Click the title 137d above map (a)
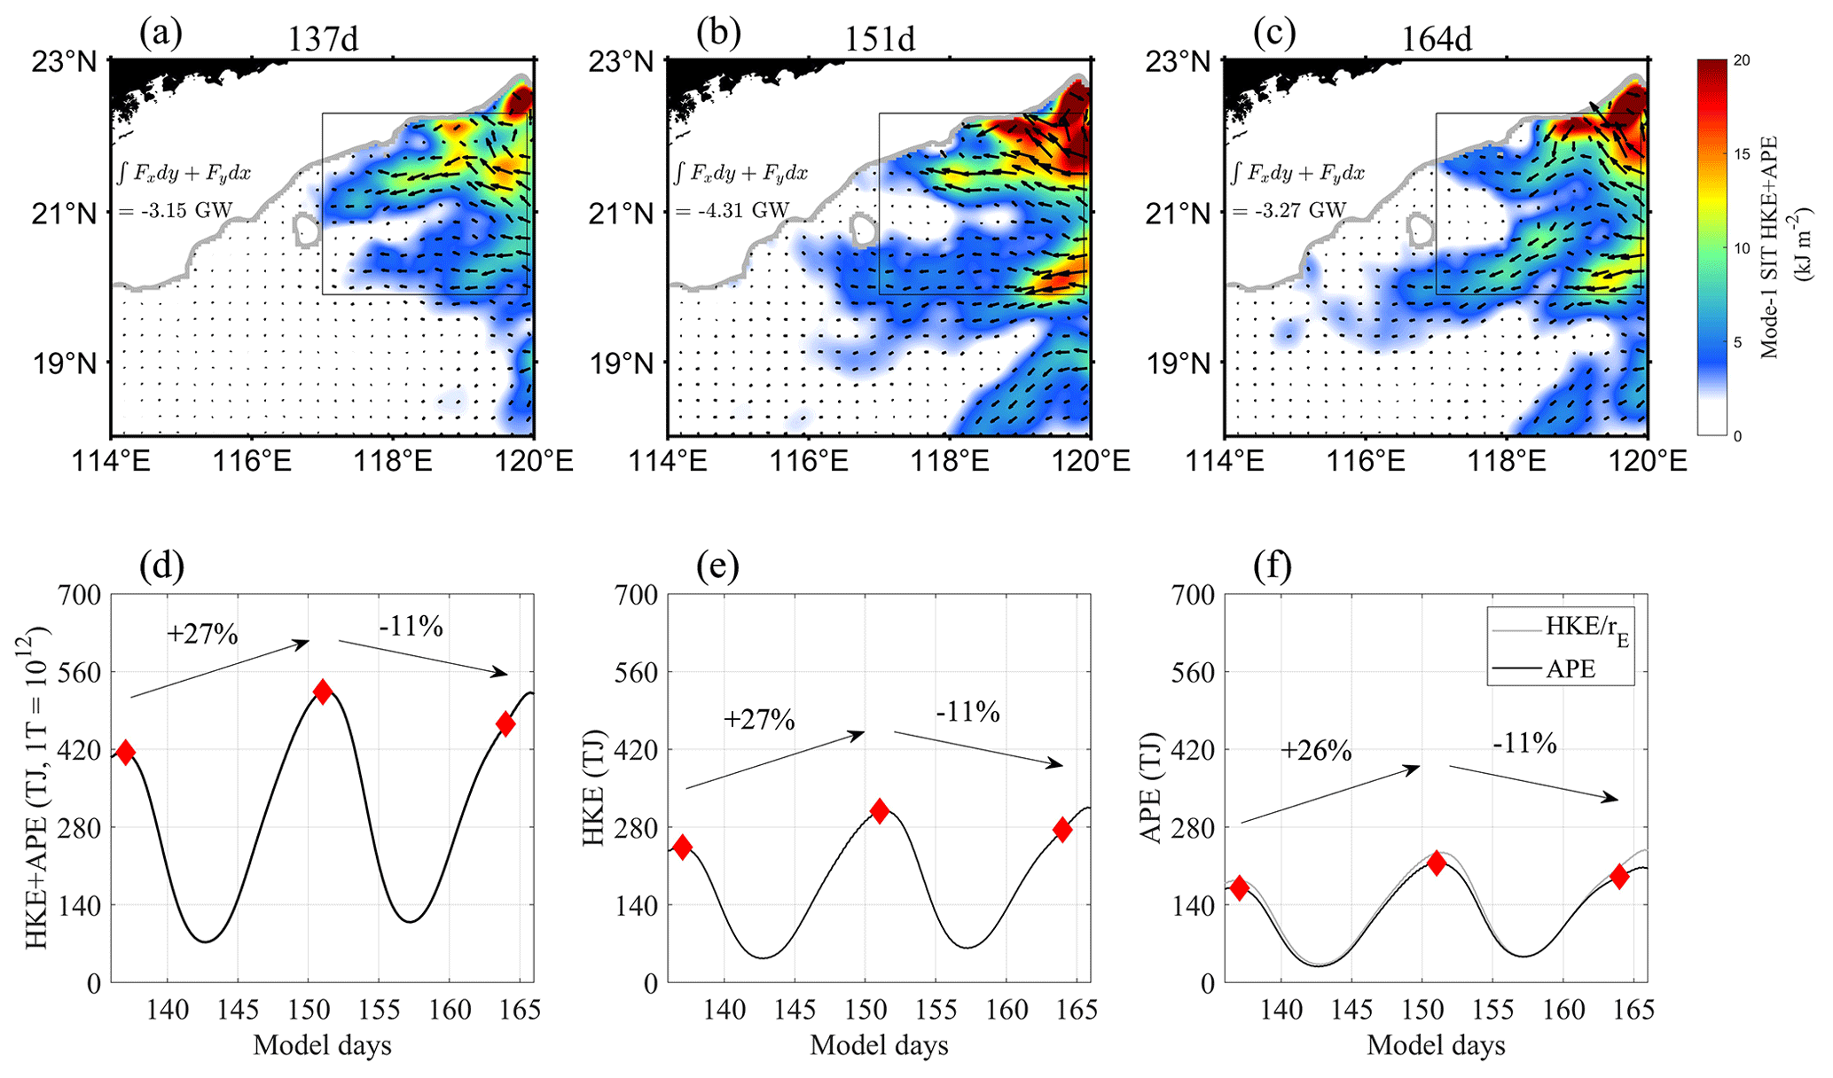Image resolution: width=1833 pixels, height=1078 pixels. pos(323,40)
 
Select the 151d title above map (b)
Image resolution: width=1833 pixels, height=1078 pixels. pos(880,40)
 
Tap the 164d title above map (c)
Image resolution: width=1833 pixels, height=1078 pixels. pos(1437,40)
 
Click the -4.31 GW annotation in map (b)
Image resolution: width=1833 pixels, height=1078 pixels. pos(732,211)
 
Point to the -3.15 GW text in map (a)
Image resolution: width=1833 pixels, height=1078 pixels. pos(176,211)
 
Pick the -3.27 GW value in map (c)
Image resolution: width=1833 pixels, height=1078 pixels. pos(1289,211)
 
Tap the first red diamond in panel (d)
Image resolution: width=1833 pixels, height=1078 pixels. pos(125,753)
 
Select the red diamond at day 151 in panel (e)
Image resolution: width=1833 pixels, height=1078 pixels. pos(879,810)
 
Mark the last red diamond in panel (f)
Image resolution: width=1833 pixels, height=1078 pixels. pos(1619,876)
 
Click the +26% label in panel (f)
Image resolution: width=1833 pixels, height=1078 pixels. pos(1316,752)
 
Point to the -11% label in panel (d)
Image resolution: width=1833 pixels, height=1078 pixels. pos(411,627)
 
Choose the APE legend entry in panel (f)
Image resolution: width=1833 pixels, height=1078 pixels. pos(1571,668)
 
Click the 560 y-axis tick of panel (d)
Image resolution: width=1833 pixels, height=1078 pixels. pos(80,672)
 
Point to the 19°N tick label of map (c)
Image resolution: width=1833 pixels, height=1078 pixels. pos(1178,363)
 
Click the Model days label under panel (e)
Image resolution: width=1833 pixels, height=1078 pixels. pos(879,1045)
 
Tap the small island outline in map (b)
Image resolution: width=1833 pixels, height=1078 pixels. pos(864,230)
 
